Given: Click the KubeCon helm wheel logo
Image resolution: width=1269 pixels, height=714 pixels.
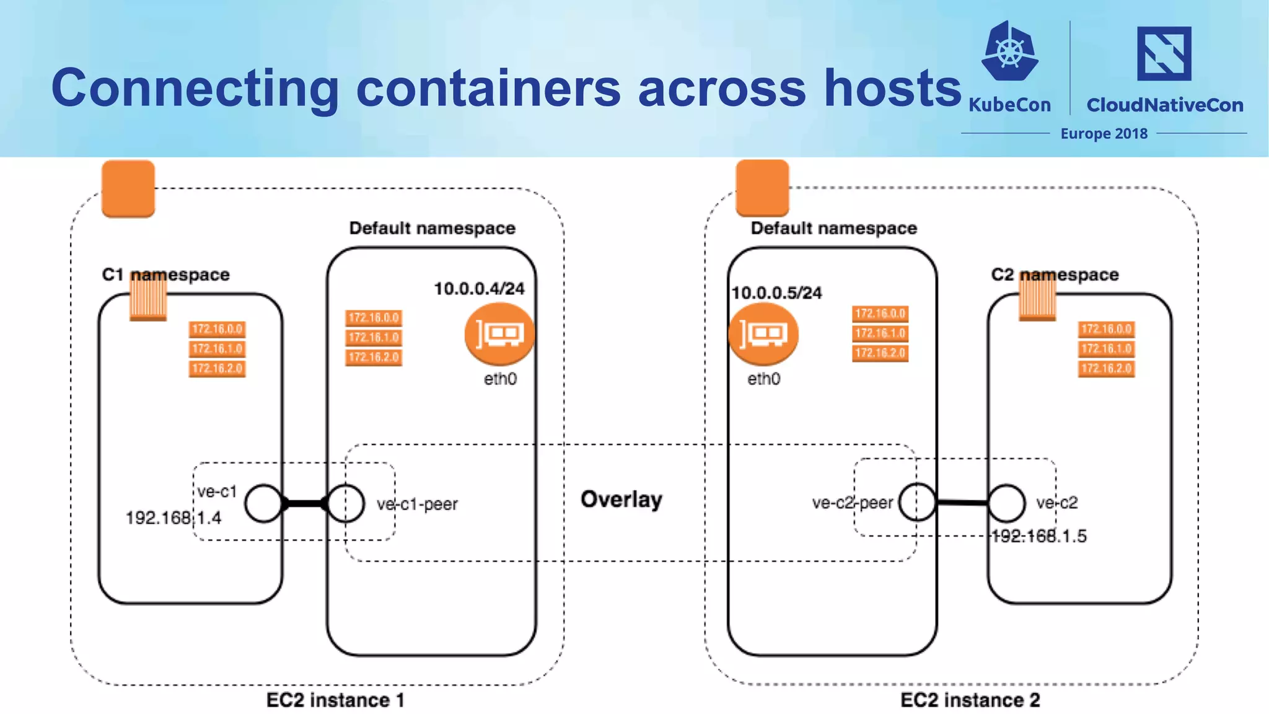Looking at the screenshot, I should (x=1009, y=51).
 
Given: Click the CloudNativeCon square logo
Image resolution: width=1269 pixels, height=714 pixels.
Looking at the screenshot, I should (x=1164, y=53).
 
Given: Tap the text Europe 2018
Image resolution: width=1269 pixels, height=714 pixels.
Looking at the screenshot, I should (x=1104, y=134).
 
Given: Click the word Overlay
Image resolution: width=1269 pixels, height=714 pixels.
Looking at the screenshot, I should (x=621, y=499).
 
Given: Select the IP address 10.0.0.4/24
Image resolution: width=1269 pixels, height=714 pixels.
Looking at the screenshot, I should (x=479, y=289).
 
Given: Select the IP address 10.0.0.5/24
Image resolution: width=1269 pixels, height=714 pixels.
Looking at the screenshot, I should (x=776, y=293).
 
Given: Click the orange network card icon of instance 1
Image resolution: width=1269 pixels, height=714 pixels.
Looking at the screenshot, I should (x=499, y=334).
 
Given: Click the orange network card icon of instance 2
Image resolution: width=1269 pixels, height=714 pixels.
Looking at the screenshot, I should (x=763, y=334).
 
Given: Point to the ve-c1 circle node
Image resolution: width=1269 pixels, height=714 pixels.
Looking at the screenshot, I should (x=263, y=503).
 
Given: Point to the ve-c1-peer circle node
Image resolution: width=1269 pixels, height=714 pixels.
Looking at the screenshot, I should (x=346, y=503).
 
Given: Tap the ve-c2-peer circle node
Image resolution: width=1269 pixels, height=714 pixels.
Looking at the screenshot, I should (x=917, y=502).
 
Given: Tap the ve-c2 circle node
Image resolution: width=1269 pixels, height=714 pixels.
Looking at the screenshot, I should (x=1006, y=503).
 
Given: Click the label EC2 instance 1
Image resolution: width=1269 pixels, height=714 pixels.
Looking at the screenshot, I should (x=335, y=700).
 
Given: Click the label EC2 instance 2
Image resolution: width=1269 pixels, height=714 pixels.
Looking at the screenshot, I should (x=970, y=700).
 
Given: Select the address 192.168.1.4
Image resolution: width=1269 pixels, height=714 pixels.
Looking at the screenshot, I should (x=173, y=518).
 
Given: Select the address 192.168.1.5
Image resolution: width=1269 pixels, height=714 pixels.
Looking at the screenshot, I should (x=1039, y=536).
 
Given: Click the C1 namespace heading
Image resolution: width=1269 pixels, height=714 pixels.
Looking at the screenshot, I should (x=165, y=275).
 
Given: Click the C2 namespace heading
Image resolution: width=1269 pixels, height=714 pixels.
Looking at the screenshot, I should (x=1055, y=275).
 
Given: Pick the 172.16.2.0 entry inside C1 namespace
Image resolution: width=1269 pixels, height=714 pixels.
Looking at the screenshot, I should (x=217, y=369).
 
